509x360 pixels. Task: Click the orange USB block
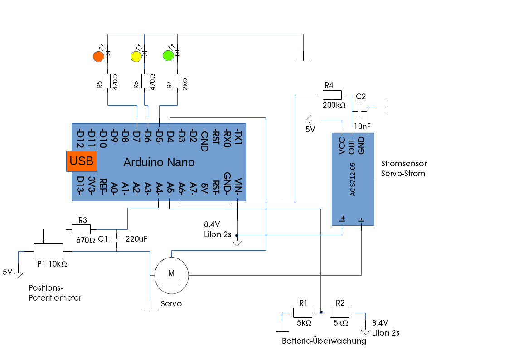tap(82, 161)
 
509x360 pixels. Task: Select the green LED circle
tap(168, 55)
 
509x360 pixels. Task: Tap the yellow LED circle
tap(136, 57)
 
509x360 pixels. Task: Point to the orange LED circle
tap(98, 57)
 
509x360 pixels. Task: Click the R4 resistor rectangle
tap(332, 95)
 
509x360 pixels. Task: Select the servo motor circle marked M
tap(171, 275)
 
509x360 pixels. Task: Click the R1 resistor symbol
tap(302, 313)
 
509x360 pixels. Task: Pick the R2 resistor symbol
tap(339, 313)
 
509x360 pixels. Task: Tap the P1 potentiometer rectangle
tap(48, 251)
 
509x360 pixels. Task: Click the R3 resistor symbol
tap(81, 229)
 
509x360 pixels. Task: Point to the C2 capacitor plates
tap(359, 112)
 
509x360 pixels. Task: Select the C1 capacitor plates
tap(117, 240)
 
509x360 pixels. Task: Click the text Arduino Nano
tap(159, 162)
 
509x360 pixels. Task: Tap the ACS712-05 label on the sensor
tap(353, 180)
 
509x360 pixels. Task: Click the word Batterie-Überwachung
tap(324, 341)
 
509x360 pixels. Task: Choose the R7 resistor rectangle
tap(177, 81)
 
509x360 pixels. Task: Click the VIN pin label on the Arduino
tap(238, 187)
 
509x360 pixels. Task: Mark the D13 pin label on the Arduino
tap(80, 185)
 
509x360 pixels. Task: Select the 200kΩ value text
tap(334, 105)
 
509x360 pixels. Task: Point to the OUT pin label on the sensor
tap(352, 147)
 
